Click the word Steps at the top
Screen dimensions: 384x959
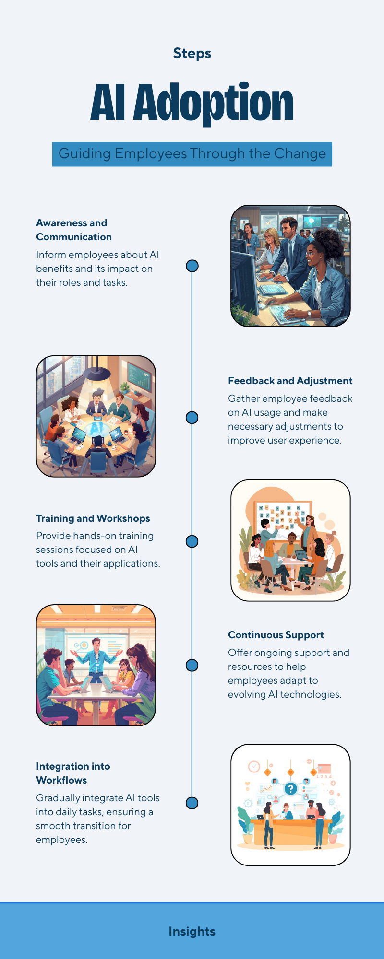pyautogui.click(x=192, y=53)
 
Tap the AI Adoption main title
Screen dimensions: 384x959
pyautogui.click(x=192, y=102)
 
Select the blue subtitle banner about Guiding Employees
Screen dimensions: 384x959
pyautogui.click(x=192, y=154)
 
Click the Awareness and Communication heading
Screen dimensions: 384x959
pyautogui.click(x=74, y=230)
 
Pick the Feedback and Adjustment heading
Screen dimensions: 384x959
pyautogui.click(x=290, y=381)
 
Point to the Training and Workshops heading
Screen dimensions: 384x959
pyautogui.click(x=93, y=518)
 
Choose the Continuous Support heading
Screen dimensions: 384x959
pyautogui.click(x=276, y=635)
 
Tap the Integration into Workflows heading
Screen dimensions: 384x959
pyautogui.click(x=73, y=773)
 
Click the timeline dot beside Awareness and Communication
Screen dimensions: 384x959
pyautogui.click(x=192, y=266)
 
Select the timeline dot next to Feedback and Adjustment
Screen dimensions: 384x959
pyautogui.click(x=192, y=418)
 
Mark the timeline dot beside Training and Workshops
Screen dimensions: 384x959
pyautogui.click(x=192, y=541)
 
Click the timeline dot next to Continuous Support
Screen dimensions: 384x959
pyautogui.click(x=192, y=665)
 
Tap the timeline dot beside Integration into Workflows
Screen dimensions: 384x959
pyautogui.click(x=192, y=803)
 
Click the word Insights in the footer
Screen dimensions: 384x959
pyautogui.click(x=192, y=931)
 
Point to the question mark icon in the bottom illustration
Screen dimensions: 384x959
pyautogui.click(x=290, y=789)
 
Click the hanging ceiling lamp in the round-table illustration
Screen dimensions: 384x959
pyautogui.click(x=97, y=371)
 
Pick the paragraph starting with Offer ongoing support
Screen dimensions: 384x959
pyautogui.click(x=288, y=673)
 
